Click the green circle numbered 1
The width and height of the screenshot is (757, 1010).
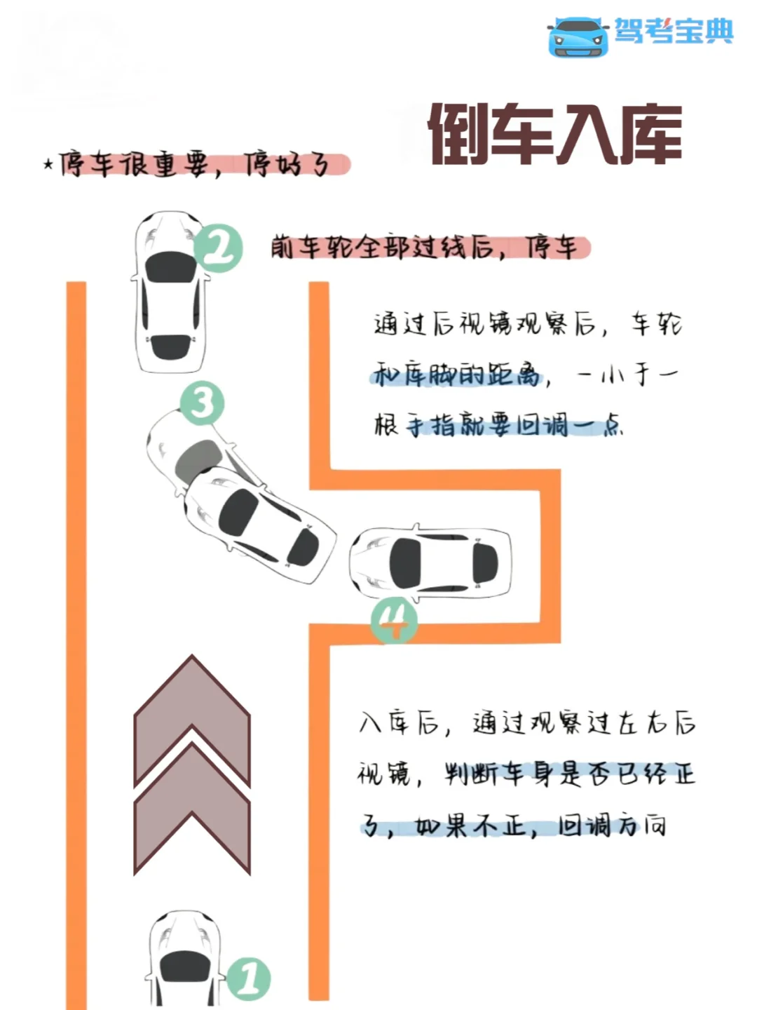tap(249, 978)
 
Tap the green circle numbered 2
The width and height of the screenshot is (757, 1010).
tap(219, 248)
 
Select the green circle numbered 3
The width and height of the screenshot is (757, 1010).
tap(202, 404)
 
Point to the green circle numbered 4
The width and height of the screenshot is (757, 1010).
tap(394, 620)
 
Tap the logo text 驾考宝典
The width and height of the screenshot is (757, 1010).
tap(674, 31)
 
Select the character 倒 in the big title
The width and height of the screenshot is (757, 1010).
tap(458, 135)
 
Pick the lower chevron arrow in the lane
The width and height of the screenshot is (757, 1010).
tap(192, 814)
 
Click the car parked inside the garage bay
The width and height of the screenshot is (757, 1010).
tap(430, 563)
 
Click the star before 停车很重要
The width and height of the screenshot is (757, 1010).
tap(48, 165)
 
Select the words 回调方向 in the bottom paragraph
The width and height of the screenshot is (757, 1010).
tap(611, 826)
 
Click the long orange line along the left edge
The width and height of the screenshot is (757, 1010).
tap(76, 631)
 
